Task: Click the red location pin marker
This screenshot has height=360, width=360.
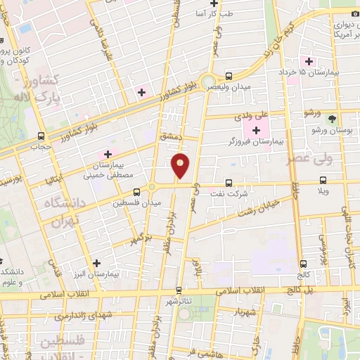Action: click(180, 165)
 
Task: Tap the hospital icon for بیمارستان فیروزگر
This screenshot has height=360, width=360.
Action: click(256, 130)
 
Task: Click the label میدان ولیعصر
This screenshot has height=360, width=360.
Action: click(230, 86)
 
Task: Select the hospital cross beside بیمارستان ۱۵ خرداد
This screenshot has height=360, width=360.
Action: click(308, 62)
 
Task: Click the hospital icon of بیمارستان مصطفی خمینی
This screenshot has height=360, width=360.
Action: click(108, 153)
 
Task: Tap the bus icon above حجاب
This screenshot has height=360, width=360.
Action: click(41, 135)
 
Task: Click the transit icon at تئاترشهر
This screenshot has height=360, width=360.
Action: click(179, 289)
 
